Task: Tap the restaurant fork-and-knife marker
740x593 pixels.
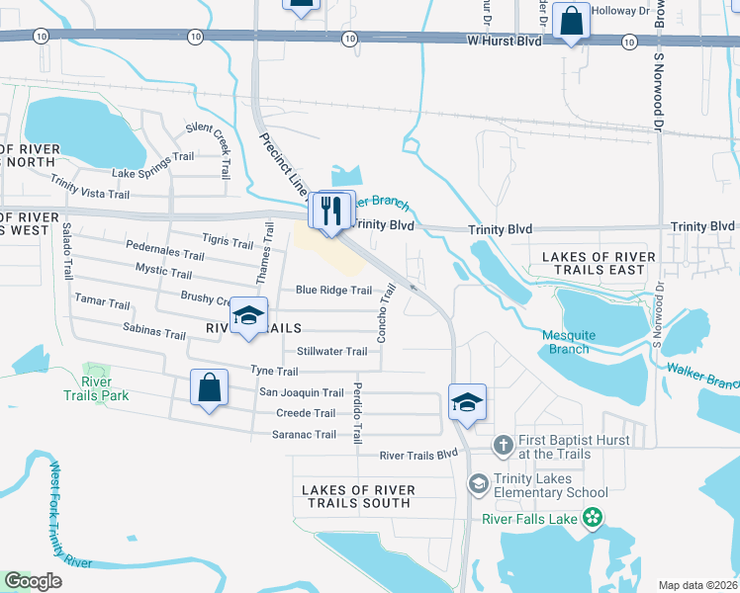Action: coord(330,211)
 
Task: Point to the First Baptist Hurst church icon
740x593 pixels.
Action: coord(503,445)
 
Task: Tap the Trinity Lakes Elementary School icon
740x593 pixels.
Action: coord(478,483)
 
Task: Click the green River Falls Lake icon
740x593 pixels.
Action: coord(593,517)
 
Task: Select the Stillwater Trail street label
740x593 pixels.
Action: coord(332,351)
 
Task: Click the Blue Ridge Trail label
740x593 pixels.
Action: coord(334,290)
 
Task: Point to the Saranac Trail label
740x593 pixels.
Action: coord(306,434)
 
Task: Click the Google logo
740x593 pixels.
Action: coord(33,580)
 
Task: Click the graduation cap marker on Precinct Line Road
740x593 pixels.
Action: coord(467,401)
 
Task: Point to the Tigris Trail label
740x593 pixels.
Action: coord(228,242)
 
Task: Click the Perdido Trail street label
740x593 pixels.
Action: coord(358,411)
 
